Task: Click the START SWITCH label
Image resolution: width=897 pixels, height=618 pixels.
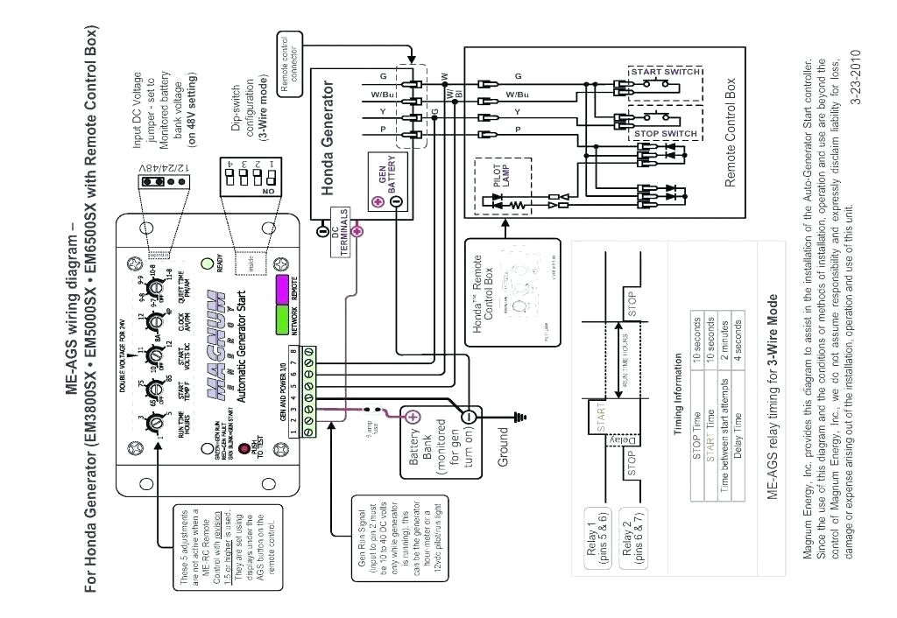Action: coord(665,71)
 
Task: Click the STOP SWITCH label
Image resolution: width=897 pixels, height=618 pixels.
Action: coord(665,134)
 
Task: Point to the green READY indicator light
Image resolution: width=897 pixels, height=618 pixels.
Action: coord(208,263)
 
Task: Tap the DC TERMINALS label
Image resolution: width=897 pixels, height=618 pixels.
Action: coord(340,232)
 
